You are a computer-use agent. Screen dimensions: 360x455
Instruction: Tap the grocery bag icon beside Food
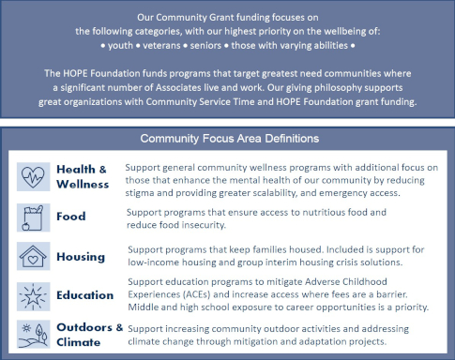click(x=34, y=217)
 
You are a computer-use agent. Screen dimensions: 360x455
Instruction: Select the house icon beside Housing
click(x=34, y=255)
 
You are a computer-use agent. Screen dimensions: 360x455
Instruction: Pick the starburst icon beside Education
click(x=34, y=294)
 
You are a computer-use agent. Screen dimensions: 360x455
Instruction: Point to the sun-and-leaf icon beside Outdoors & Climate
click(x=34, y=334)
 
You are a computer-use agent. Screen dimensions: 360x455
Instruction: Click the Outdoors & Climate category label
click(x=88, y=335)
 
